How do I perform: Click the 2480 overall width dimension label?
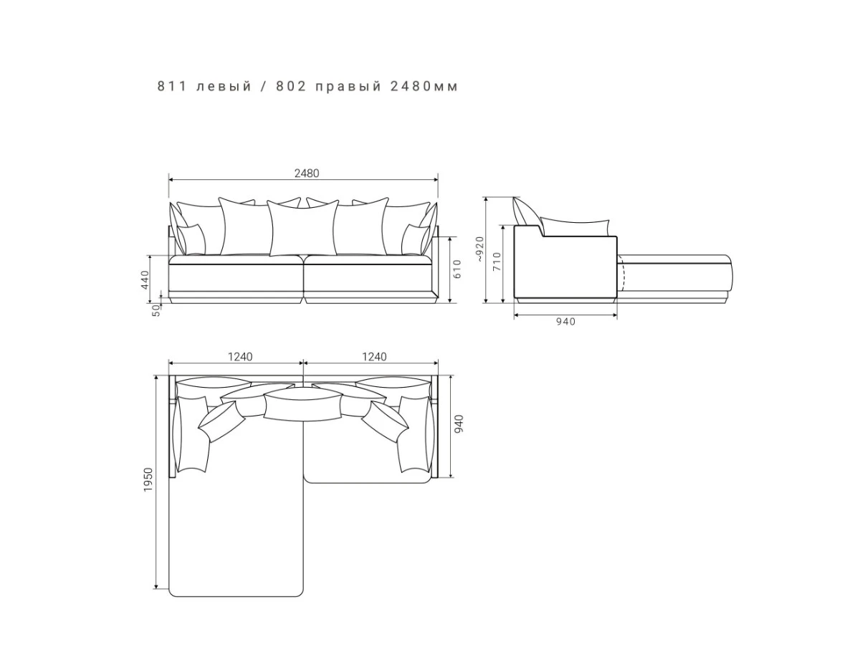tap(307, 173)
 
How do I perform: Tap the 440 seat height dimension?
tap(145, 279)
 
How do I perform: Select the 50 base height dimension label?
tap(156, 310)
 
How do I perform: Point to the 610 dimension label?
tap(457, 269)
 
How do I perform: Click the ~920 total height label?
tap(480, 249)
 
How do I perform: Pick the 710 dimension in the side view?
tap(497, 262)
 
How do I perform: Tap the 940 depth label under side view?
tap(565, 322)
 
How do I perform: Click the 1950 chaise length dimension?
tap(148, 479)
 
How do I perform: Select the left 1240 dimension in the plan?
tap(240, 357)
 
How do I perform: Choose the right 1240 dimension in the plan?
tap(374, 357)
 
